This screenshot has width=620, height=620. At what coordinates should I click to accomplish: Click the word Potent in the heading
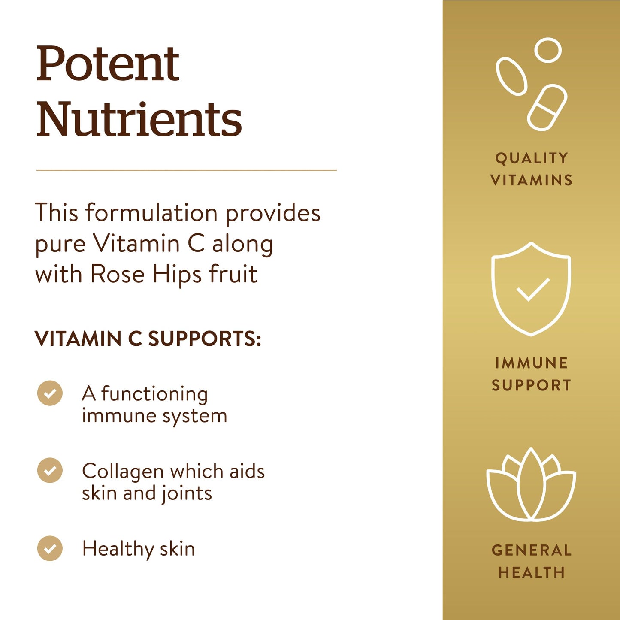pos(108,64)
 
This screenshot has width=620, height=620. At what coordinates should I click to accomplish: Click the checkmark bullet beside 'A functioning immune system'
pos(50,393)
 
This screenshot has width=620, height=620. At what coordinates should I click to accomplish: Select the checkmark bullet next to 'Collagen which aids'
pos(50,470)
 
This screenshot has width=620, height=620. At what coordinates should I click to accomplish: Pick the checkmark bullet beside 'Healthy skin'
pos(50,548)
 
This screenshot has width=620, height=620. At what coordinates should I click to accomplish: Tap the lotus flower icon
pos(531,484)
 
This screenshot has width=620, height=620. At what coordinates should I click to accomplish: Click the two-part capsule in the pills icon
pos(547,107)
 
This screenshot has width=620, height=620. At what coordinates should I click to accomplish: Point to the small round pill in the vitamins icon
pos(548,50)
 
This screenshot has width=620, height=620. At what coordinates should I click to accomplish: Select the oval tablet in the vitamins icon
pos(511,76)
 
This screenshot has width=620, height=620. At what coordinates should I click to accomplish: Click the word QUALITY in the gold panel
pos(532,158)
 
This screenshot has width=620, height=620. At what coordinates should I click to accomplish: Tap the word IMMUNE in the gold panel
pos(532,363)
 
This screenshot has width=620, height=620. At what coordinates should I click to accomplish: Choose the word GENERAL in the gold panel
pos(532,550)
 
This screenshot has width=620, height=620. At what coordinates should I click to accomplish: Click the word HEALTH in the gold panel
pos(532,572)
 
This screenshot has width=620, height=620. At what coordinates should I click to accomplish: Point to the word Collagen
pos(123,472)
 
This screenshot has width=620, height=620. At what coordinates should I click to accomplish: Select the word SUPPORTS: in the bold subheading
pos(205,339)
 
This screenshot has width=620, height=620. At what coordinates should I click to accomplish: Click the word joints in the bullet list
pos(187,493)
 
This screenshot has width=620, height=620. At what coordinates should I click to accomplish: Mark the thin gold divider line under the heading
pos(186,170)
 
